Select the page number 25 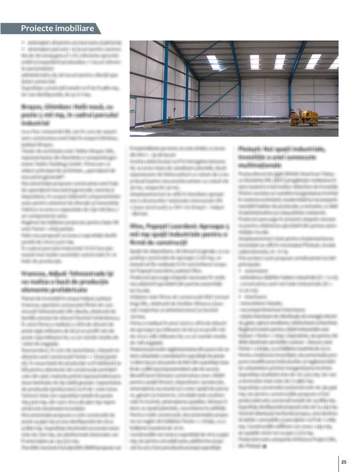point(344,462)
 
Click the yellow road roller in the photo point(304,118)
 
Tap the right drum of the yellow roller point(314,122)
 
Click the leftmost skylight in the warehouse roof point(213,62)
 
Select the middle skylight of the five point(280,61)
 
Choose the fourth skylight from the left point(313,61)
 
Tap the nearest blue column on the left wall point(166,81)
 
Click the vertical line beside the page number point(338,463)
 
